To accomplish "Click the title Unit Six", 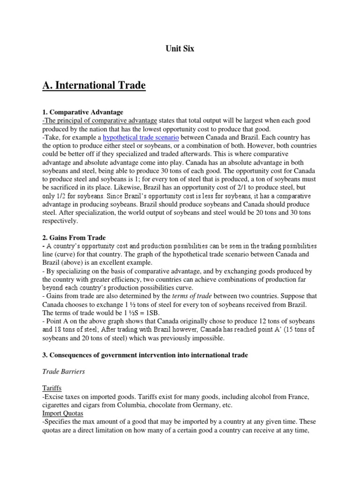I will (180, 48).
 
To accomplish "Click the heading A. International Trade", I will (94, 85).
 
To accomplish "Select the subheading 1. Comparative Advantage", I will (82, 112).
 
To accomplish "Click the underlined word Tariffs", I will (52, 389).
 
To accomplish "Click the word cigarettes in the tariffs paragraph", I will (60, 405).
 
